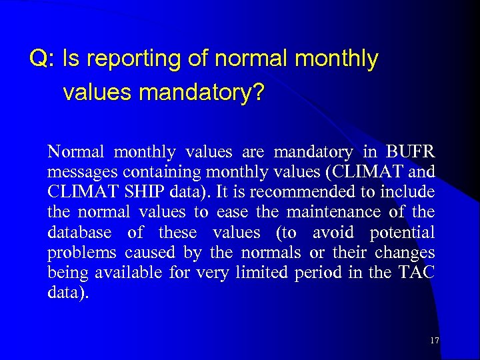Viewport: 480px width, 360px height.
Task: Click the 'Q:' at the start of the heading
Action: pyautogui.click(x=42, y=59)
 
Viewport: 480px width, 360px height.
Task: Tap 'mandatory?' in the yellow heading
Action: pyautogui.click(x=201, y=93)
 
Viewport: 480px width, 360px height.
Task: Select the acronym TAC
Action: pyautogui.click(x=417, y=273)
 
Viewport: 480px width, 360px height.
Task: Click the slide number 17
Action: pyautogui.click(x=434, y=341)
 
